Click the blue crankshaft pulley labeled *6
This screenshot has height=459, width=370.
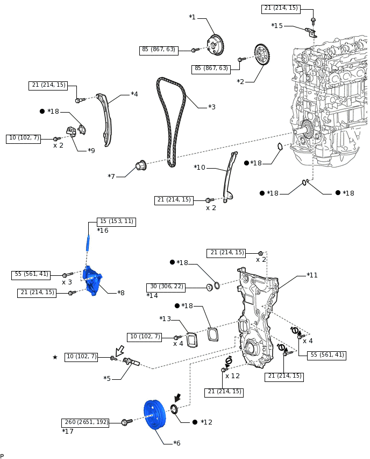pos(154,416)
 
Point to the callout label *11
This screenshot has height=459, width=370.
pos(312,275)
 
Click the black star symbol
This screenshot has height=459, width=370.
pos(55,357)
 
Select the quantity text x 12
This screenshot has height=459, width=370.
pos(232,376)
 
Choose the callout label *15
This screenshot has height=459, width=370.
pos(277,26)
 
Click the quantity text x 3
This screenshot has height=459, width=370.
pos(67,282)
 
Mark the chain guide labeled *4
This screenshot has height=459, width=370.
pos(105,120)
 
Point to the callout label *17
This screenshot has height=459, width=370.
pos(68,432)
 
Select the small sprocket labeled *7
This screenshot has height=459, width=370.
pos(141,165)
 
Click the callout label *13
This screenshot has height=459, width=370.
pos(165,319)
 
